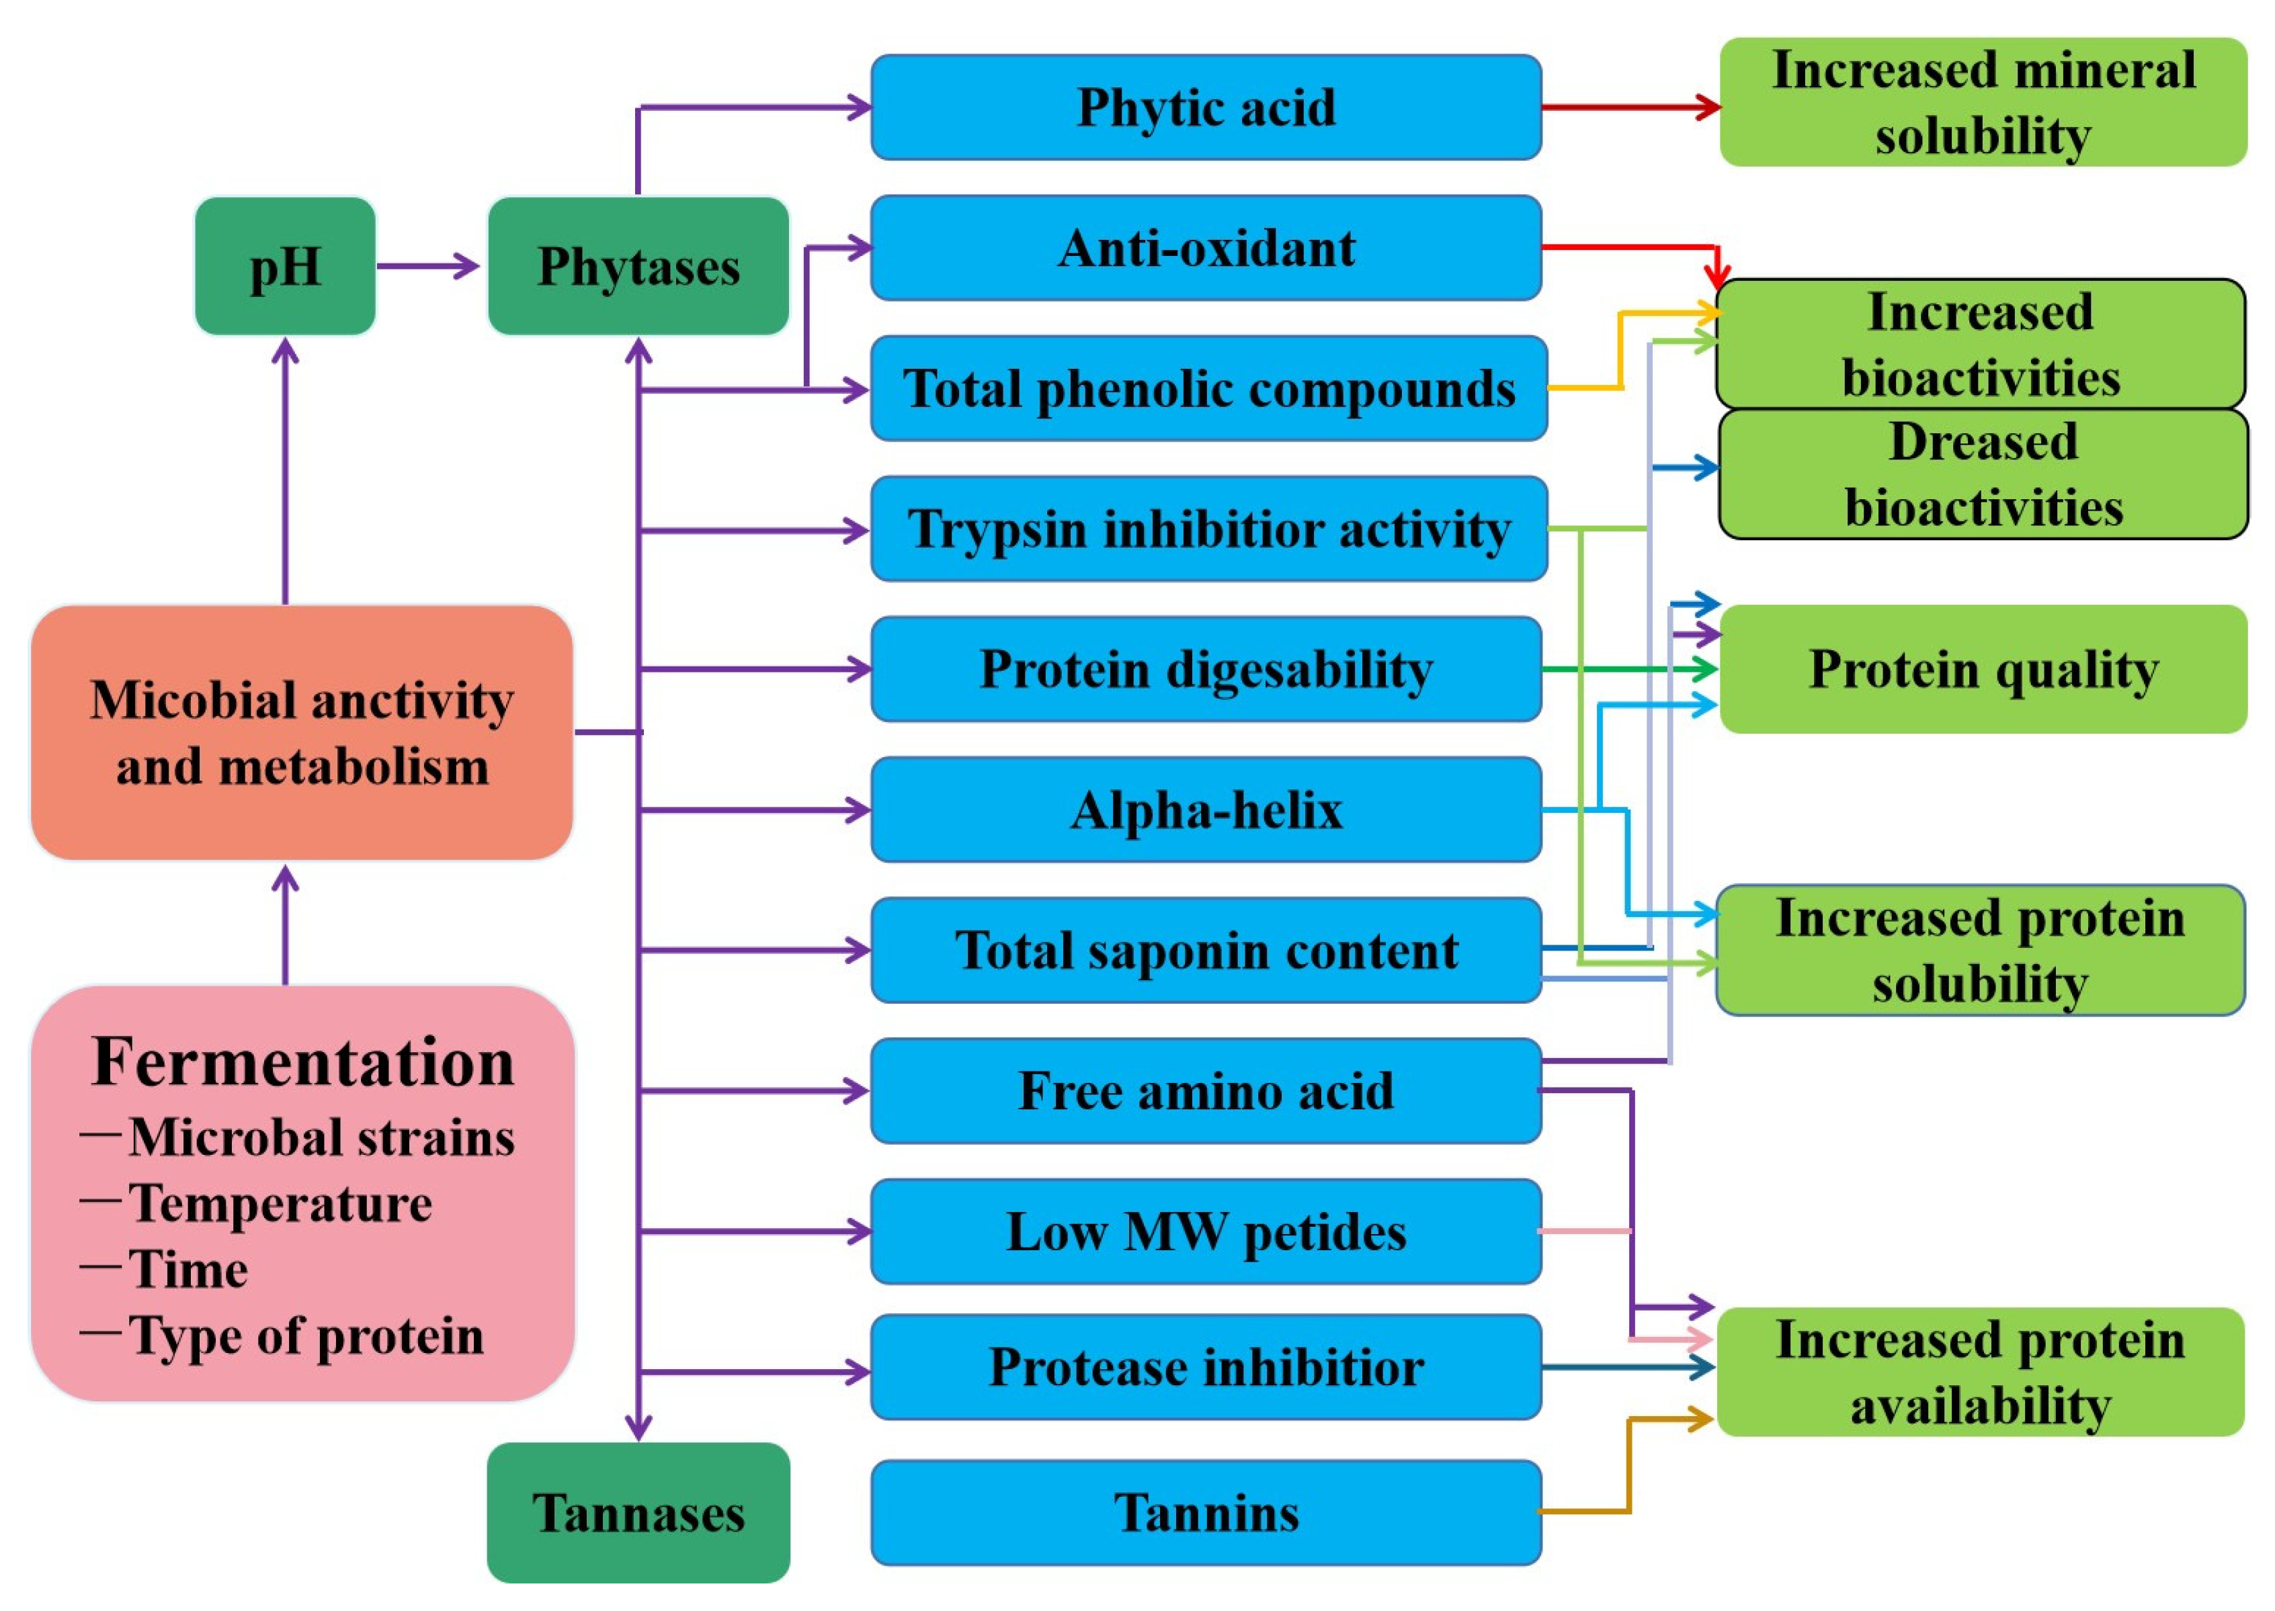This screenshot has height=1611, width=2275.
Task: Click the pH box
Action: tap(285, 266)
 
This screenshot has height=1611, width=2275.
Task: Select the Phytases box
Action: tap(638, 266)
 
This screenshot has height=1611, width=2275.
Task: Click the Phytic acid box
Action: tap(1206, 107)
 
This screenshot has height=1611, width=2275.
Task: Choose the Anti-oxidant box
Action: tap(1206, 248)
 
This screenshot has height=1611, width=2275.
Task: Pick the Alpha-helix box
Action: tap(1206, 810)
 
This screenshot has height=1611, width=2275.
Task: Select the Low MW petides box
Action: tap(1206, 1231)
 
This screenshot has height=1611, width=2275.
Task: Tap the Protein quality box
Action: tap(1983, 668)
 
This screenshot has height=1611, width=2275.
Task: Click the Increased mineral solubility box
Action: tap(1983, 102)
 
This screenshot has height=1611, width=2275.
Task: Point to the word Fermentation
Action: tap(302, 1062)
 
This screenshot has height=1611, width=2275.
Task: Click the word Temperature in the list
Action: tap(281, 1203)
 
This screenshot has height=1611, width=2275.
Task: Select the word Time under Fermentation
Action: tap(188, 1269)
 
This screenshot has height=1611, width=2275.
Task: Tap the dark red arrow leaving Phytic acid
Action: tap(1627, 107)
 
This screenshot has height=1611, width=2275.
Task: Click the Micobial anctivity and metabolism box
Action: tap(302, 732)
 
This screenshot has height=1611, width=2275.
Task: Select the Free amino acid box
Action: tap(1206, 1091)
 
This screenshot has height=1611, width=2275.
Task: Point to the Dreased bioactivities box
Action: tap(1983, 474)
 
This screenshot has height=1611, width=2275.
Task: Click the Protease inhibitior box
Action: tap(1206, 1367)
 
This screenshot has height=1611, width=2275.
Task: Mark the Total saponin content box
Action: tap(1206, 951)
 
